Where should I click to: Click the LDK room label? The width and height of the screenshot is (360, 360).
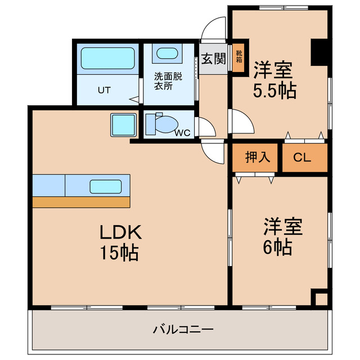[x=120, y=232]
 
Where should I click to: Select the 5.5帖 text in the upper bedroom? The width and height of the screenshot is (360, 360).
[x=274, y=90]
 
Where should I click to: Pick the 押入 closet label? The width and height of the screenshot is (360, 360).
[x=258, y=157]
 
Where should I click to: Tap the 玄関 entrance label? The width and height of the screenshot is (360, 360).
[x=213, y=58]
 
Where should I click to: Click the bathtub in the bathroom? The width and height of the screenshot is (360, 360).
[x=106, y=58]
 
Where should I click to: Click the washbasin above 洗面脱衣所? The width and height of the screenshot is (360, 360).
[x=166, y=54]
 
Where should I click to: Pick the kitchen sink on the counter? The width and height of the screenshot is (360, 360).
[x=106, y=186]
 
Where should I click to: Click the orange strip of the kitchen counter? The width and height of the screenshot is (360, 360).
[x=81, y=202]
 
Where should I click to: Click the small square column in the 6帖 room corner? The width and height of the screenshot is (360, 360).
[x=320, y=299]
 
